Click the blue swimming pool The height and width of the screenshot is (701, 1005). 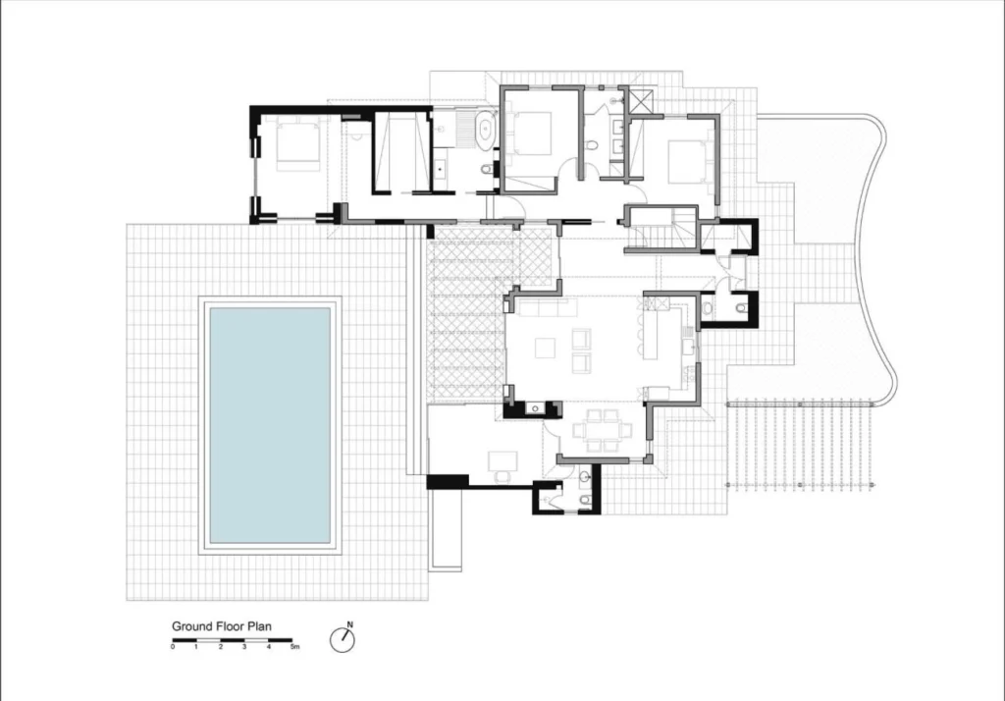270,425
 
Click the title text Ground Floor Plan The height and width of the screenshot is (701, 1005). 222,626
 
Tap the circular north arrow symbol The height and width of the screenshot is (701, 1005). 343,640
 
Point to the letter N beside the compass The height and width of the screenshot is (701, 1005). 350,624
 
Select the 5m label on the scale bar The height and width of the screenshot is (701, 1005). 294,647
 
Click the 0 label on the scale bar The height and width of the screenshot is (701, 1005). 173,647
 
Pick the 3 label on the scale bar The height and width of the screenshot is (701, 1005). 244,647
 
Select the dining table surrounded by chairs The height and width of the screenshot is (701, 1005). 603,429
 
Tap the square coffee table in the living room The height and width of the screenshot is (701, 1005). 546,348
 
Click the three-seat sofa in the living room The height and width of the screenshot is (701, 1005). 548,307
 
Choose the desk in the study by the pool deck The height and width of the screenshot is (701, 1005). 503,460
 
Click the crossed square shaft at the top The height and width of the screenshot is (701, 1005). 641,102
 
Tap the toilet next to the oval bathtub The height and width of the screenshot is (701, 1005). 487,169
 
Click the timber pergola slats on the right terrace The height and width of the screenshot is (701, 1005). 800,445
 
